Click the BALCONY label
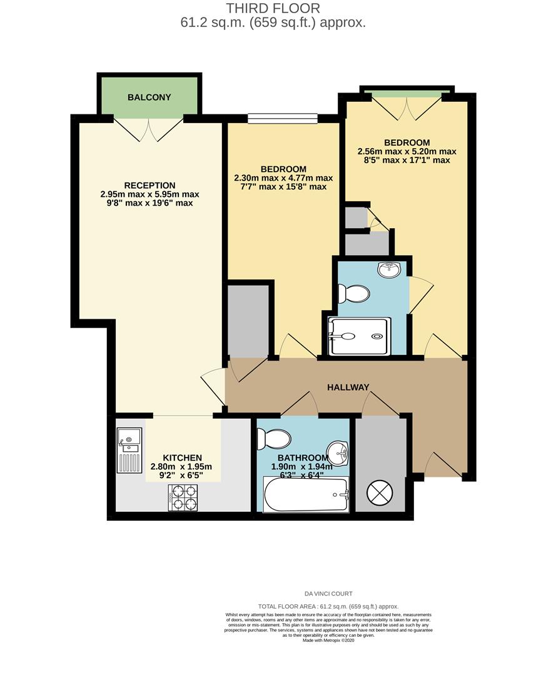coord(149,97)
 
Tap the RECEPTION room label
coord(149,185)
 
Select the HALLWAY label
coord(348,387)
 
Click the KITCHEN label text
coord(182,457)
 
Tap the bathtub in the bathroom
coord(305,496)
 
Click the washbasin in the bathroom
coord(339,451)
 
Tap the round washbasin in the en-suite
coord(388,270)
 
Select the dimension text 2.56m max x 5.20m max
coord(407,151)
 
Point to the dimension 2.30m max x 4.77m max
coord(283,178)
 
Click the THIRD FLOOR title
coord(273,9)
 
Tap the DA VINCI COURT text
coord(328,594)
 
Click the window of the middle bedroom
coord(283,118)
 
